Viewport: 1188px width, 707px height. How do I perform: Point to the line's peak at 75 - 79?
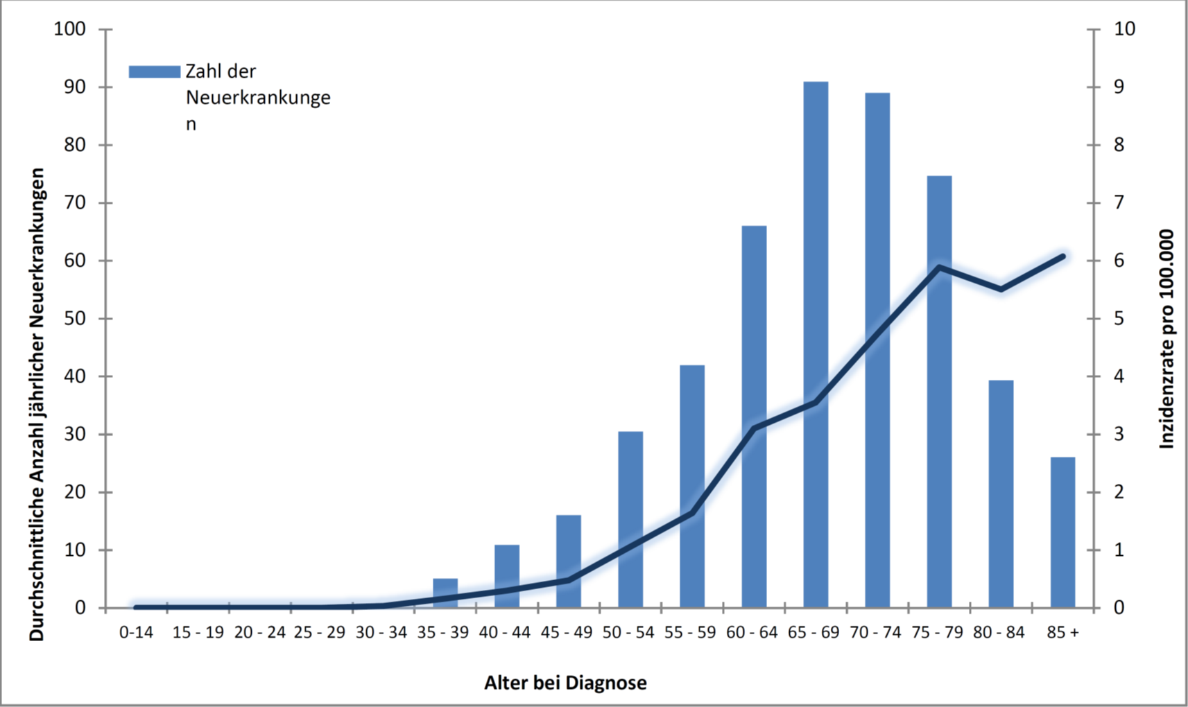939,267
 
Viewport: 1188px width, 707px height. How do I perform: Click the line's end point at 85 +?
1062,256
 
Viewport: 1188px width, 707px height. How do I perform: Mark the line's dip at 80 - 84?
1001,289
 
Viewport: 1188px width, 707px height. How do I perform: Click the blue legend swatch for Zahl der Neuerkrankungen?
154,72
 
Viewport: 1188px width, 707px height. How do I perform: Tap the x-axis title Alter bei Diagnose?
565,683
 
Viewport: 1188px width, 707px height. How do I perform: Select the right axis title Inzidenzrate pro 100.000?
1167,339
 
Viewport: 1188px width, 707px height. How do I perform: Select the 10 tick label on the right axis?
1124,29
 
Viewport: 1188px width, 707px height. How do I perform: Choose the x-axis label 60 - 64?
752,633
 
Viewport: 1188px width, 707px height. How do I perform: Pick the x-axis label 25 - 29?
320,633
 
